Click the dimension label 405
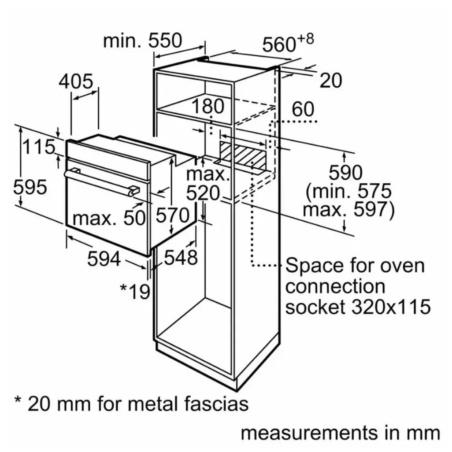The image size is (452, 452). click(76, 82)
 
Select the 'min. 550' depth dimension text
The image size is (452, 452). click(142, 41)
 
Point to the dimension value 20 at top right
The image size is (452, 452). click(330, 81)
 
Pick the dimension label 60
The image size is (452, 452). click(303, 109)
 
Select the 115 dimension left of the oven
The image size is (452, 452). click(39, 147)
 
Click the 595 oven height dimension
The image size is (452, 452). click(30, 188)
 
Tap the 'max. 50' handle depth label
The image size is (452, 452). click(109, 217)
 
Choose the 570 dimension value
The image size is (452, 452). click(173, 216)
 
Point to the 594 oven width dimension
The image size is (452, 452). click(104, 259)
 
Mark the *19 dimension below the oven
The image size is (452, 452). click(135, 291)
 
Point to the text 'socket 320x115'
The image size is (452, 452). click(358, 307)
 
